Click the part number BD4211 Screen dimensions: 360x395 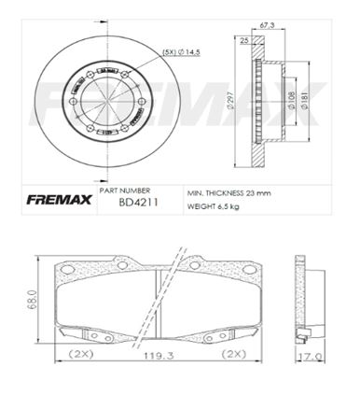[x=138, y=203]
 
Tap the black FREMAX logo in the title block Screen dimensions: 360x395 [x=59, y=200]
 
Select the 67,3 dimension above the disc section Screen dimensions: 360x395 [x=267, y=25]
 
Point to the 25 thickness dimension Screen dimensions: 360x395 [x=244, y=40]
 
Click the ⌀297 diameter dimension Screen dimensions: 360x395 [x=230, y=102]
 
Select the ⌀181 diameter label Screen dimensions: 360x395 [x=305, y=100]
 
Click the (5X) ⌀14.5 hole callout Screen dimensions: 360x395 [x=182, y=52]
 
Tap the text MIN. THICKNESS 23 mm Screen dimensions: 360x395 [x=228, y=193]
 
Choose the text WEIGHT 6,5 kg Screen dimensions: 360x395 [x=213, y=206]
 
